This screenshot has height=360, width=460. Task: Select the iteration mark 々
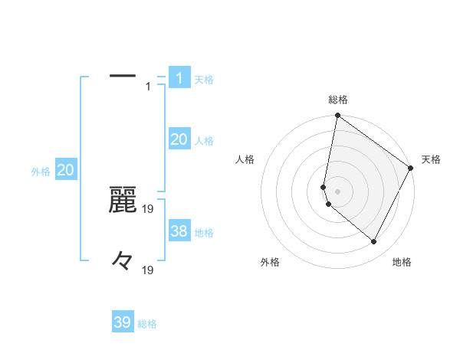[123, 260]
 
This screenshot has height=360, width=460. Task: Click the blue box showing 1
[179, 77]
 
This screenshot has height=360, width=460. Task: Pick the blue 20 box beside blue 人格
[179, 139]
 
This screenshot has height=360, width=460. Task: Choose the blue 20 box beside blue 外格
[65, 170]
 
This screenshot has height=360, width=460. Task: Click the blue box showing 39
[122, 322]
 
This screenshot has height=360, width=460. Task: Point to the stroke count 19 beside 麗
[149, 208]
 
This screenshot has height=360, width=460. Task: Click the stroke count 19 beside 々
[149, 270]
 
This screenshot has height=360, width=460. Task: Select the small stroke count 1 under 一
[149, 87]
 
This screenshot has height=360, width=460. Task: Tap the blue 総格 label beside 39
[147, 324]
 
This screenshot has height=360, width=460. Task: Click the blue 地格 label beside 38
[204, 232]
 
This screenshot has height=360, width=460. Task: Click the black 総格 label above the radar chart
[338, 100]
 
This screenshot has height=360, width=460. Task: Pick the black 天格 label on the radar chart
[431, 159]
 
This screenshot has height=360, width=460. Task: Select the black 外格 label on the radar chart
[270, 262]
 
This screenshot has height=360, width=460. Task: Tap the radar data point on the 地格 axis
[374, 241]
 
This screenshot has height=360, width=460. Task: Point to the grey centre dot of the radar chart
[338, 191]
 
